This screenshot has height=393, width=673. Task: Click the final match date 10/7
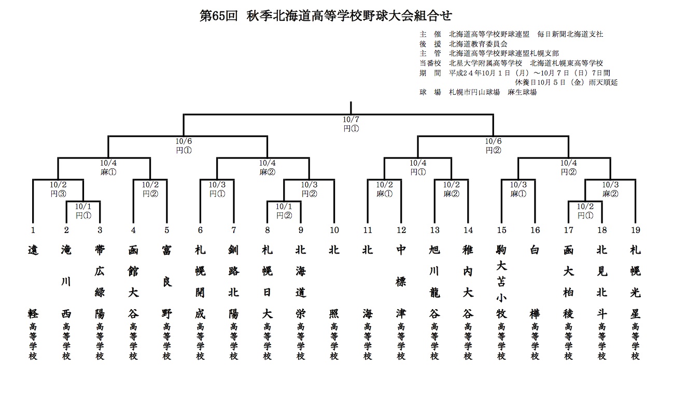[351, 120]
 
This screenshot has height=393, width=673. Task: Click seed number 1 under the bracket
[33, 230]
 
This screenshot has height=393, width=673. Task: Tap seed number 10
[334, 230]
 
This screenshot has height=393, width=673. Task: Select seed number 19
[636, 230]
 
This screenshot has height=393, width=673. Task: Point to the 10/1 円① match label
[83, 211]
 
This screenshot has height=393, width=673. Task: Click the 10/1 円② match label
[284, 211]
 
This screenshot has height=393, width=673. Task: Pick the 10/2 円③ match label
[58, 189]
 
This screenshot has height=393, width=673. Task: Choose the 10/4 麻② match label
[268, 167]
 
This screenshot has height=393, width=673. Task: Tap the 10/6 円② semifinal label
[493, 145]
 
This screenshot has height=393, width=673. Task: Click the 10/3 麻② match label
[610, 189]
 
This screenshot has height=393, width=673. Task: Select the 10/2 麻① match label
[385, 189]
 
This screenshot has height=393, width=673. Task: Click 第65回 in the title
[219, 16]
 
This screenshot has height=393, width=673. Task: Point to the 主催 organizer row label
[430, 34]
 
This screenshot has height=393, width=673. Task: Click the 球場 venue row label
[430, 92]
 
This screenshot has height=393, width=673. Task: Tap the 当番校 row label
[430, 63]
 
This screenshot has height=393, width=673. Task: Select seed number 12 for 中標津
[401, 230]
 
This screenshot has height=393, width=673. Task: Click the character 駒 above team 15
[501, 250]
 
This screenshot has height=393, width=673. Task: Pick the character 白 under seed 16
[535, 250]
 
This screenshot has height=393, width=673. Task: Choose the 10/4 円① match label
[418, 167]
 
